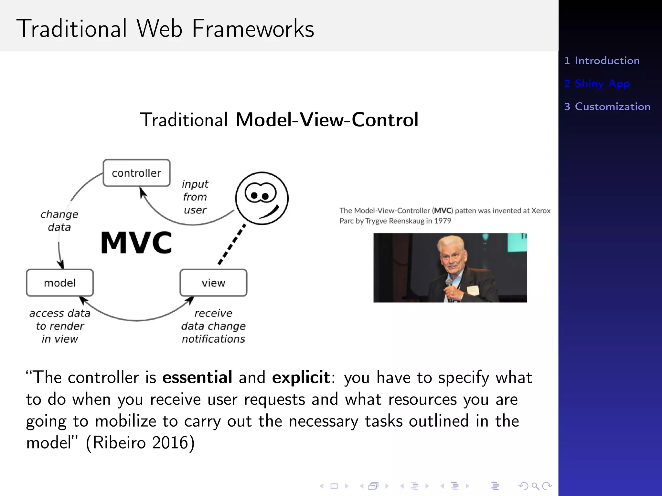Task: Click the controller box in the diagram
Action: (136, 173)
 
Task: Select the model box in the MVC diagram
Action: (60, 283)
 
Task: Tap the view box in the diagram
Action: (213, 283)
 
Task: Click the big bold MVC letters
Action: (136, 243)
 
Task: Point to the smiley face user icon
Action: (262, 198)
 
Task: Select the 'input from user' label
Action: (195, 197)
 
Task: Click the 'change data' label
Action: (59, 221)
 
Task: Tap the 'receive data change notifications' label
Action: (213, 326)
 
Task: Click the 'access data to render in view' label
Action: (60, 326)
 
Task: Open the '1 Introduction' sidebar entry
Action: (602, 61)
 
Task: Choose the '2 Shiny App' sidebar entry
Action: (597, 84)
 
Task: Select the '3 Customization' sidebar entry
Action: (607, 107)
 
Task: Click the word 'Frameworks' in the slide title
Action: (253, 29)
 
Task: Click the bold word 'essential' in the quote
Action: (197, 377)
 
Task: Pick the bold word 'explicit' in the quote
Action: (301, 377)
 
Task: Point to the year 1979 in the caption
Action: (443, 221)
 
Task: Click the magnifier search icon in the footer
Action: (535, 486)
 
